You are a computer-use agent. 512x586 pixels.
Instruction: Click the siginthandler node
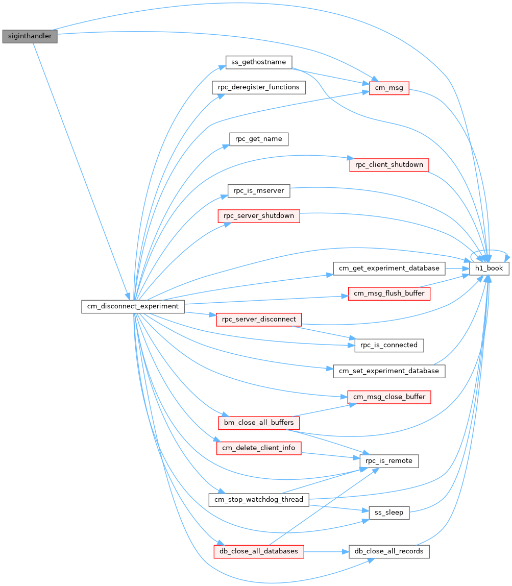[x=30, y=36]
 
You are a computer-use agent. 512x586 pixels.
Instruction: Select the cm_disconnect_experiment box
[x=133, y=306]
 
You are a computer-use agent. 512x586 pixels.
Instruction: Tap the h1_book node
[x=489, y=268]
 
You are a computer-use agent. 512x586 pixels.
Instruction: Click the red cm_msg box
[x=389, y=88]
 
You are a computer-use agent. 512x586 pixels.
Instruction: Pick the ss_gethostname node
[x=259, y=62]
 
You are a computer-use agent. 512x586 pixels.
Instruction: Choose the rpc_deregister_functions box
[x=259, y=87]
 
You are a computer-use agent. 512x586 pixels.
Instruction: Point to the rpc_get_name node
[x=259, y=139]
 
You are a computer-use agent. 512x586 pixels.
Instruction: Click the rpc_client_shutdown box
[x=389, y=165]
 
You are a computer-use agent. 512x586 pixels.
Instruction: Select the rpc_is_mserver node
[x=259, y=191]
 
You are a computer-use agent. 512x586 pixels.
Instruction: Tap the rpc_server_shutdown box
[x=259, y=216]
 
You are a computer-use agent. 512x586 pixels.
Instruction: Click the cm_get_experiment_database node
[x=389, y=268]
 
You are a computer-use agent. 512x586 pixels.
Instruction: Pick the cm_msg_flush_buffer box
[x=389, y=294]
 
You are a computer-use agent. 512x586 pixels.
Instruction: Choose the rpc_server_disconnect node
[x=259, y=320]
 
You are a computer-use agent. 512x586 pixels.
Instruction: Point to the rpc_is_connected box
[x=389, y=345]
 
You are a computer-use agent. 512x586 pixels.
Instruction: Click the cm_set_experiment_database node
[x=389, y=371]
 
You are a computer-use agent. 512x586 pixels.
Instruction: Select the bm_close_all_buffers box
[x=259, y=423]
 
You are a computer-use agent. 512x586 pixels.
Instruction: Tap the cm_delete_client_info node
[x=259, y=448]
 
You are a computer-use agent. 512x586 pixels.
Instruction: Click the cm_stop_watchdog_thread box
[x=259, y=500]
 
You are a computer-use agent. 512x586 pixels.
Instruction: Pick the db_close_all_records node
[x=389, y=552]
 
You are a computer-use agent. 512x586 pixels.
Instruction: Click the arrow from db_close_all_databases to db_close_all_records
[x=326, y=552]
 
